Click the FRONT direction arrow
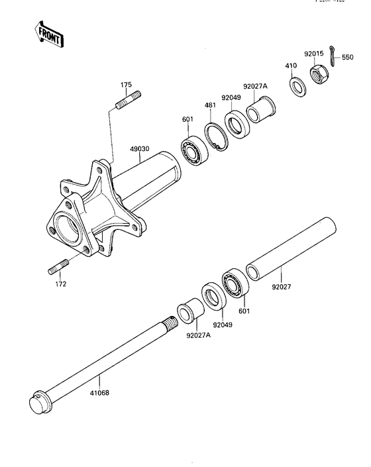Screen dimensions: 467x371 click(48, 34)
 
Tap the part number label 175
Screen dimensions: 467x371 click(126, 85)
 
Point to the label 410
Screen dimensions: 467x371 click(290, 66)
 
